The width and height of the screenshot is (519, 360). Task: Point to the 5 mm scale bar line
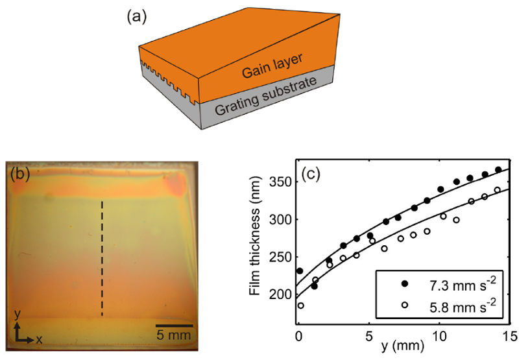174,324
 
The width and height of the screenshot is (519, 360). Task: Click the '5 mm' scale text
175,335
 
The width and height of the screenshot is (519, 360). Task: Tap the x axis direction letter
39,339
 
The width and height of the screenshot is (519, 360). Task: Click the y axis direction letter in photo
18,316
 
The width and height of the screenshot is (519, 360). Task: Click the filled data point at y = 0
299,271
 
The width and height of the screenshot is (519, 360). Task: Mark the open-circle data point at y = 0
300,306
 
